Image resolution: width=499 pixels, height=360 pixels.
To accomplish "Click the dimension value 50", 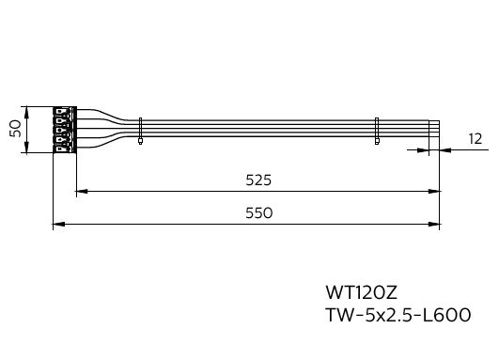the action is (x=15, y=129).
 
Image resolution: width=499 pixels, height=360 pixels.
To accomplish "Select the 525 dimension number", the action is (x=258, y=180).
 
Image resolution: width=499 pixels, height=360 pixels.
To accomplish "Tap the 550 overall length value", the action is (x=259, y=213).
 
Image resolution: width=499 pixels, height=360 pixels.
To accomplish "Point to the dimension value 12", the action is (x=476, y=139).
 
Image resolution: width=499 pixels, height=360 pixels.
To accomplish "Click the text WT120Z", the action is (x=362, y=292).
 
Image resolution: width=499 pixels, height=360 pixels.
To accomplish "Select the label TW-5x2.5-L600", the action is (x=398, y=315).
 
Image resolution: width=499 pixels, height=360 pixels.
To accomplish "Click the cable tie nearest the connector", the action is (x=140, y=131).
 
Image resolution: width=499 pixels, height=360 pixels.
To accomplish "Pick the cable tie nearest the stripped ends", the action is (x=377, y=131).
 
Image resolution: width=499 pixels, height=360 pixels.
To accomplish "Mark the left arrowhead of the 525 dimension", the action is (x=82, y=192).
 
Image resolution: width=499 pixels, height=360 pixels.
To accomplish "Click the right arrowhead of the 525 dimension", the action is (x=434, y=192).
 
